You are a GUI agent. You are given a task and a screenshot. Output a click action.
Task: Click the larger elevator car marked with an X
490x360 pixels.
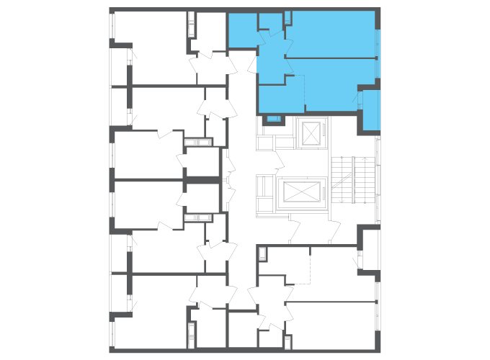click(302, 192)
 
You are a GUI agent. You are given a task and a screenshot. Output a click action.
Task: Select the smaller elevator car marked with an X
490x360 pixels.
click(311, 133)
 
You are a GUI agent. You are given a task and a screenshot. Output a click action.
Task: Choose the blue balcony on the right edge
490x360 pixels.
click(370, 109)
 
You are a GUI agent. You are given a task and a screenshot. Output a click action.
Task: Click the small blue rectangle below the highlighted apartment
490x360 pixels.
click(273, 118)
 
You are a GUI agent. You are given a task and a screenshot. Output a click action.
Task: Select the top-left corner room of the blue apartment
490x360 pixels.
click(242, 30)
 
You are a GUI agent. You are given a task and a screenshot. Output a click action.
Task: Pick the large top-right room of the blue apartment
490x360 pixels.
click(331, 33)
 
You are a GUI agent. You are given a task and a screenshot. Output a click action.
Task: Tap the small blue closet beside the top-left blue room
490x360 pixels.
click(269, 21)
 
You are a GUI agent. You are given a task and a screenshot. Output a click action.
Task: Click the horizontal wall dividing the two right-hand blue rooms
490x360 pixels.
click(331, 57)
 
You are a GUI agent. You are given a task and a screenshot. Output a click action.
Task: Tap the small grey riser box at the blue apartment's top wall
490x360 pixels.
click(288, 17)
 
